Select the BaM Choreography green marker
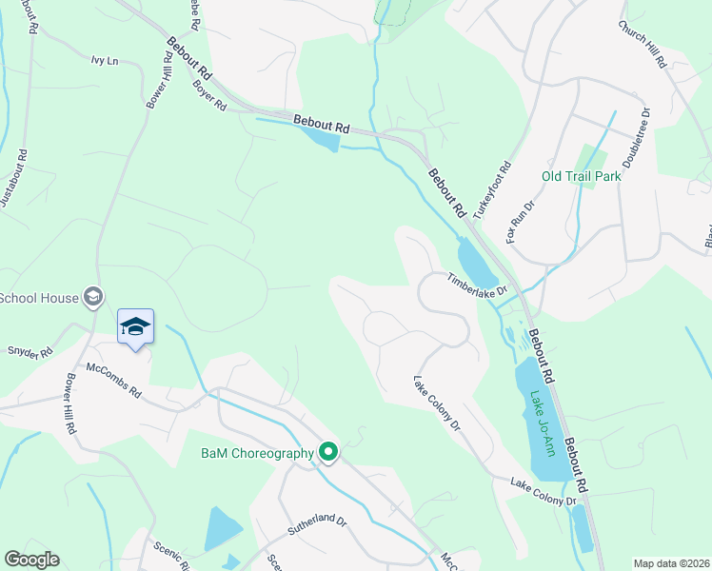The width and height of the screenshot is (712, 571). (x=329, y=453)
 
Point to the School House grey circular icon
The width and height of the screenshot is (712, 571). (x=93, y=298)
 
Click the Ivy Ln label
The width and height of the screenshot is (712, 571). (x=104, y=61)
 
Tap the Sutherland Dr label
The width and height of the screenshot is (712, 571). (x=318, y=524)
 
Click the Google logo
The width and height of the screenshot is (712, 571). (x=31, y=560)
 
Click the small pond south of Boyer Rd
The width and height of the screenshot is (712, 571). (x=321, y=141)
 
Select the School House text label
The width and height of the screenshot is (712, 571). (x=39, y=298)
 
